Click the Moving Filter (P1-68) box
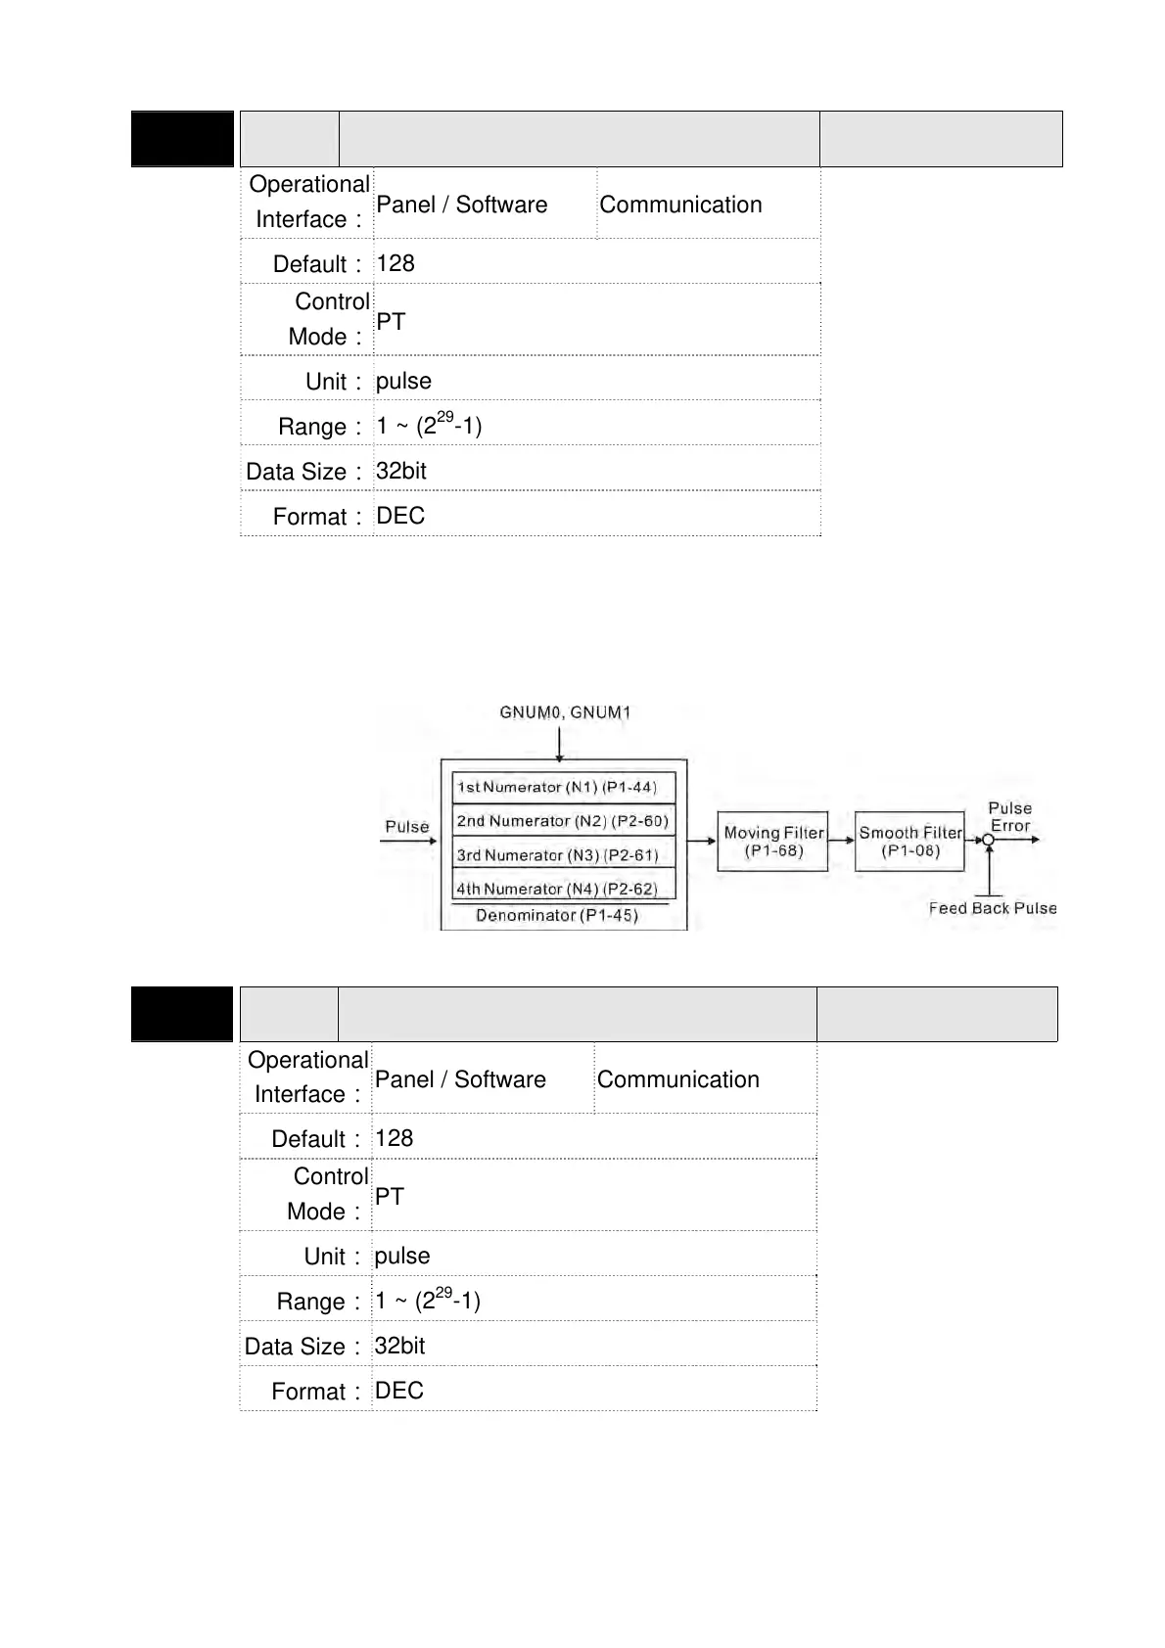click(772, 842)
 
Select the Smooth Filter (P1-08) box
click(909, 842)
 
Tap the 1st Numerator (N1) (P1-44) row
click(564, 787)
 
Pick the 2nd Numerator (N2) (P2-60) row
click(564, 821)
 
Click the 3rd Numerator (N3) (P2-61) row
click(564, 854)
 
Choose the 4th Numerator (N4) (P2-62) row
click(564, 889)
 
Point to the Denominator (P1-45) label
click(557, 916)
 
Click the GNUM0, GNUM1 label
click(565, 712)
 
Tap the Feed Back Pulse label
click(993, 908)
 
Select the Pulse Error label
click(1010, 817)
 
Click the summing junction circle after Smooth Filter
click(989, 840)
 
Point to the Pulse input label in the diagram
click(407, 827)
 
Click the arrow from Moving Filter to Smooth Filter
click(841, 840)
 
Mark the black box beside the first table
click(183, 139)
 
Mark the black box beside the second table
click(183, 1014)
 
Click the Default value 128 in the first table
click(396, 263)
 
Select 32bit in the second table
click(399, 1346)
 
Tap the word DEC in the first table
click(400, 516)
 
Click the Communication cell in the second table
click(678, 1079)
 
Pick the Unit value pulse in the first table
click(403, 381)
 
